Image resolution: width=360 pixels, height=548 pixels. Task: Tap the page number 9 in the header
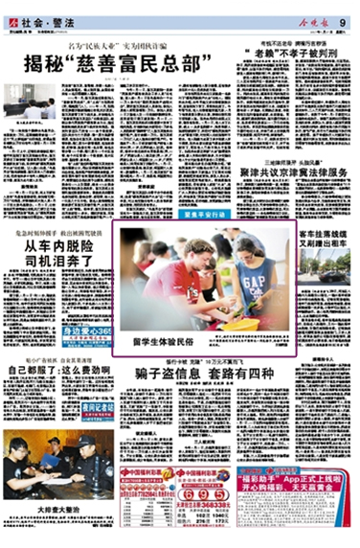(x=342, y=11)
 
